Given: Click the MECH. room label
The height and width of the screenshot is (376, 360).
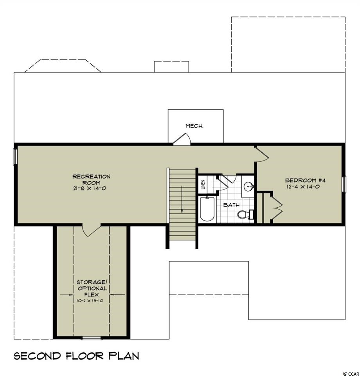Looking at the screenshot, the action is click(194, 126).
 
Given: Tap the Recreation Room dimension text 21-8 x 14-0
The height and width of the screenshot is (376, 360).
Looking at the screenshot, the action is click(90, 188).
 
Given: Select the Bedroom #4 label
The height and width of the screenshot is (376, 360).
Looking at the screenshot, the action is click(305, 180).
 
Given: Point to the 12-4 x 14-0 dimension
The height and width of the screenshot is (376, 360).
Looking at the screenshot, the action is click(303, 186).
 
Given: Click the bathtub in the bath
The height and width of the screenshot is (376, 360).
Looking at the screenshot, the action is click(207, 209).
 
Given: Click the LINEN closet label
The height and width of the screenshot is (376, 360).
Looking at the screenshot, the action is click(203, 184).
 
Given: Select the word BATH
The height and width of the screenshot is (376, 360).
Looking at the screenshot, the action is click(231, 205).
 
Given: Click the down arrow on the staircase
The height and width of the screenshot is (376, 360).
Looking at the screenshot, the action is click(182, 199).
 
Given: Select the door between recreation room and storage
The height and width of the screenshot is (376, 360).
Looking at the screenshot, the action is click(92, 230).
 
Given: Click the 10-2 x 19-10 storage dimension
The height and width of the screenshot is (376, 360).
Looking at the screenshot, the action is click(90, 300).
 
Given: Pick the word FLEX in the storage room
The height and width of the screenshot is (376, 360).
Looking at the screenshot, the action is click(91, 295).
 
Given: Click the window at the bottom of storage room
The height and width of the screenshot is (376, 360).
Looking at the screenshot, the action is click(92, 338).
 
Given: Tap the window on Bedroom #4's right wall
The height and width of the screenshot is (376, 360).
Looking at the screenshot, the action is click(344, 184).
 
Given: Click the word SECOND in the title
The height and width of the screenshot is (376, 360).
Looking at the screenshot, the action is click(38, 356).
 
